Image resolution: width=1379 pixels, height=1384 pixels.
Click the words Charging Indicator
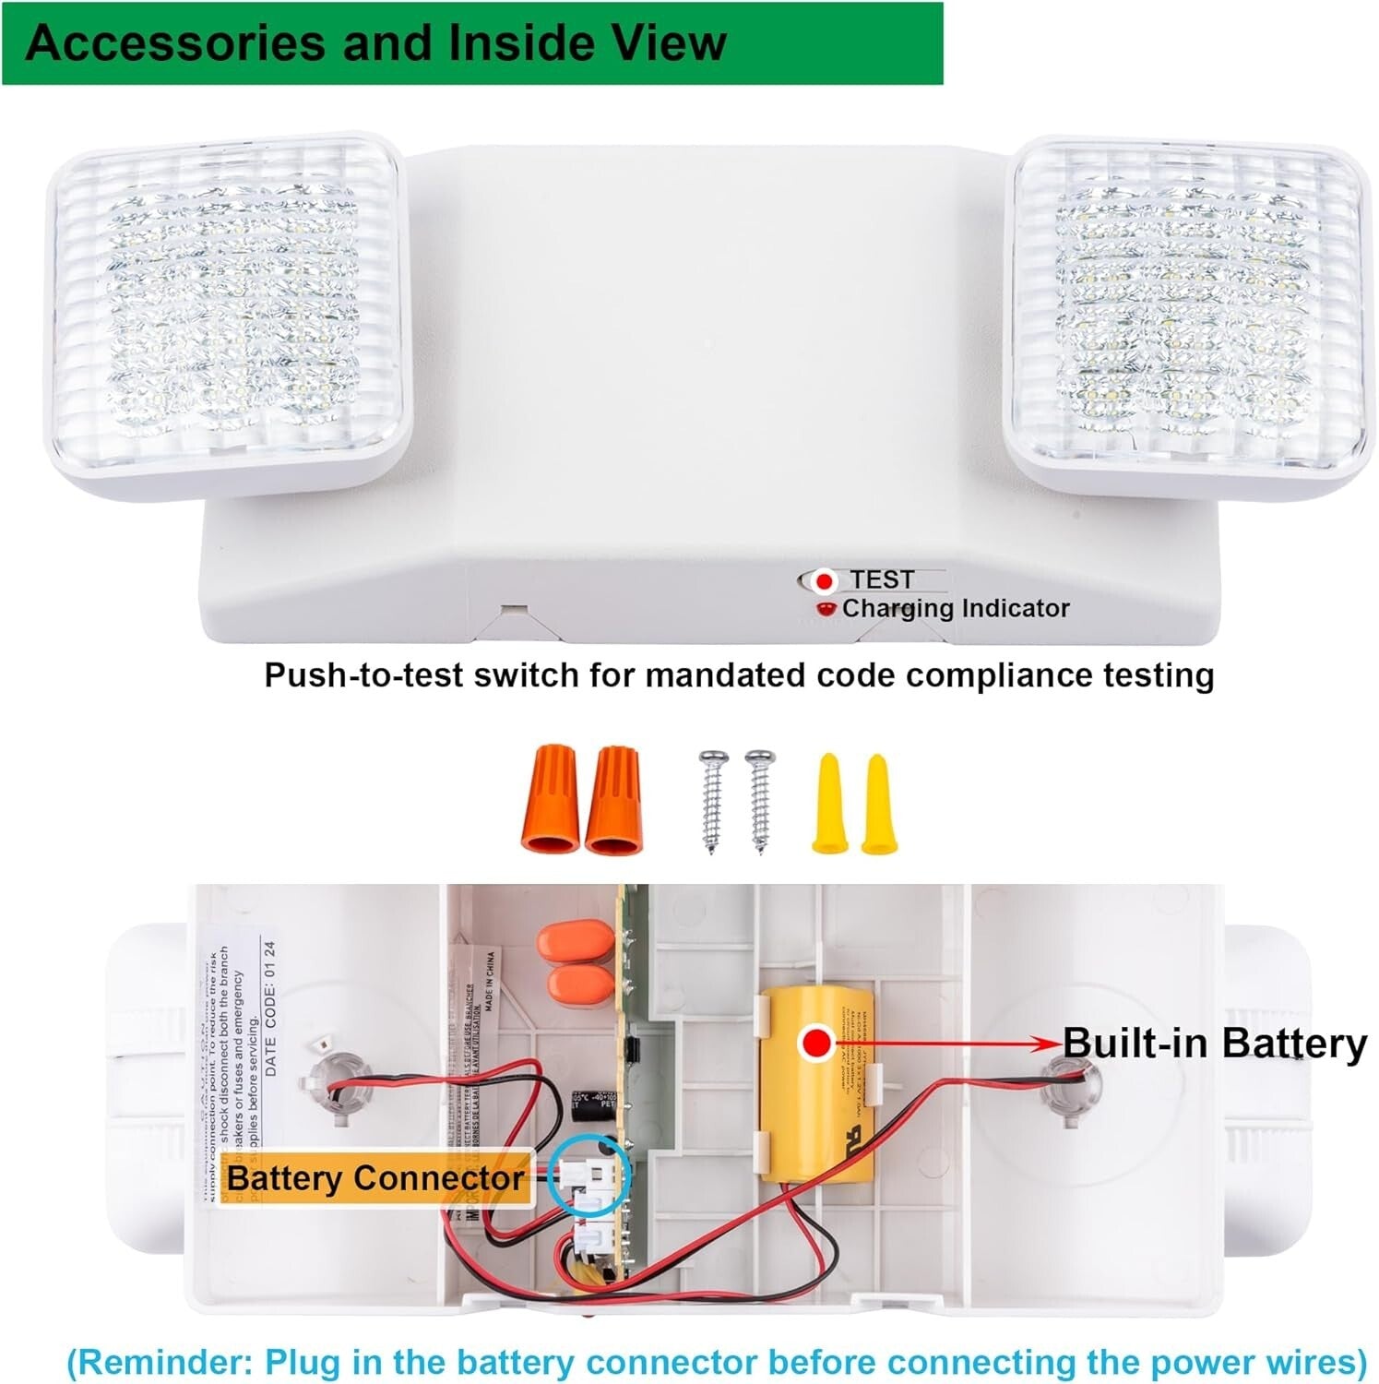956,609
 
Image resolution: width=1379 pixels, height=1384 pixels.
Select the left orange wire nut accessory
550,800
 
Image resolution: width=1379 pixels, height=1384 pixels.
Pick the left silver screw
712,800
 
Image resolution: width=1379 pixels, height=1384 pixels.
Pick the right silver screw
760,800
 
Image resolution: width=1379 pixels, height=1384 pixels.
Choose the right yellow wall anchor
876,803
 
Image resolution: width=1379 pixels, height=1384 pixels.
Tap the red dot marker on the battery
815,1044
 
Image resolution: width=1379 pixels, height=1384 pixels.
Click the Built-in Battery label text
1214,1044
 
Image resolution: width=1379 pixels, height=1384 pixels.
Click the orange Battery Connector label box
375,1178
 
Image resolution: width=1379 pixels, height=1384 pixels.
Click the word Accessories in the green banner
177,43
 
